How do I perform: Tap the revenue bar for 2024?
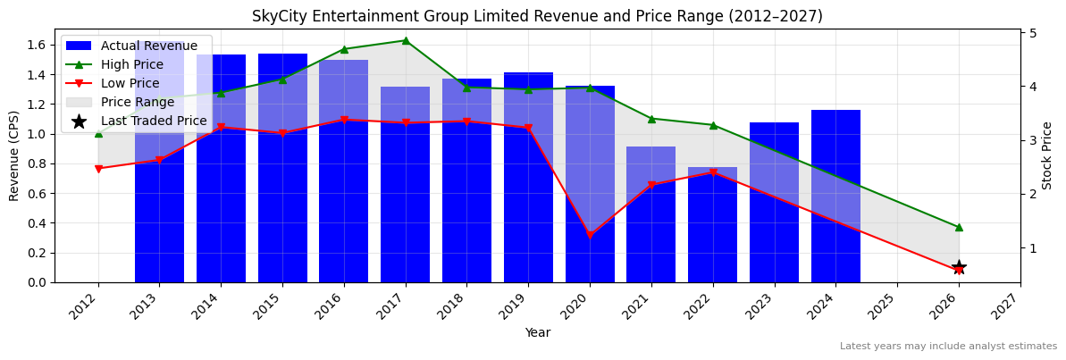[x=835, y=197]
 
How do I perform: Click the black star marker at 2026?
[x=958, y=267]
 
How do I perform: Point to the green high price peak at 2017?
[x=405, y=40]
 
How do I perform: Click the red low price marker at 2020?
[x=589, y=235]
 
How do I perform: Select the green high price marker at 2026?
[x=958, y=227]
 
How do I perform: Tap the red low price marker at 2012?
[x=98, y=169]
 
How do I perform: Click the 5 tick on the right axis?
[x=1033, y=33]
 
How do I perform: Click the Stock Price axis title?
[x=1047, y=155]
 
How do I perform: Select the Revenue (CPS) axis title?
[x=14, y=155]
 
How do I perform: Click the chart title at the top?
[x=537, y=16]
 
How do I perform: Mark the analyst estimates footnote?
[x=947, y=347]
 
